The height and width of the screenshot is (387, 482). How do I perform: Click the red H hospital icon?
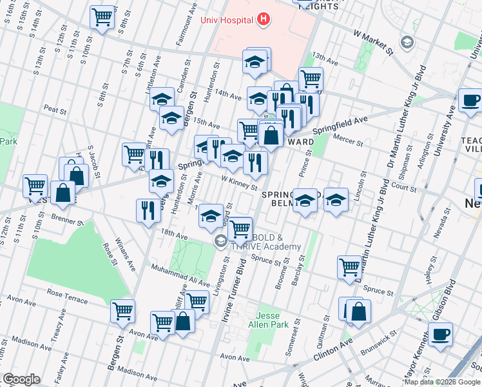click(262, 19)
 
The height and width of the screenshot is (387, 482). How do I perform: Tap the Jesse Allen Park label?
click(272, 321)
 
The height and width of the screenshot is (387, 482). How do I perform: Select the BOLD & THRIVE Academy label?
click(264, 242)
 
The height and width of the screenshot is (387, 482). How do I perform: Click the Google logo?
click(21, 379)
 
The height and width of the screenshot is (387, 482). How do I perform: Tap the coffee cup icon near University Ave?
click(470, 101)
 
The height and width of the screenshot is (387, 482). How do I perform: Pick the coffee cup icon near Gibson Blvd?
click(440, 335)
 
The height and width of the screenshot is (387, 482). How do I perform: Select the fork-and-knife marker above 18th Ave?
click(148, 210)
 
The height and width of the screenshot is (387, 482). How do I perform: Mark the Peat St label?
click(55, 110)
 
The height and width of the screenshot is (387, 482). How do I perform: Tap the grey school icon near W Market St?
click(407, 43)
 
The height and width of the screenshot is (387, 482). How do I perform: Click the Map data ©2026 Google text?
click(442, 381)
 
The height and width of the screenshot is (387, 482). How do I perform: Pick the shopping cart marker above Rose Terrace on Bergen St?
click(122, 311)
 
